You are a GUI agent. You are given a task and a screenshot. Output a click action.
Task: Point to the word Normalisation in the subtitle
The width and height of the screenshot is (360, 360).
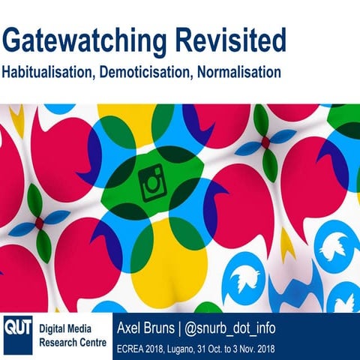click(x=240, y=73)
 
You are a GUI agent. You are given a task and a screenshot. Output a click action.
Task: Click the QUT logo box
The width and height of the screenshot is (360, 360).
click(x=16, y=327)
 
